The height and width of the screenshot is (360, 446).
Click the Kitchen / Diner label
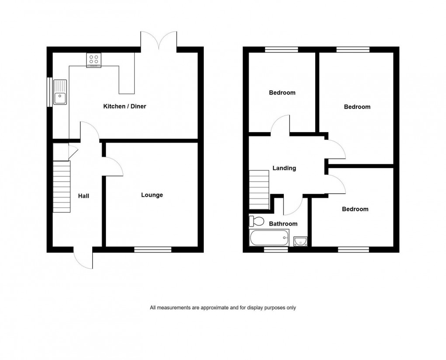coord(124,106)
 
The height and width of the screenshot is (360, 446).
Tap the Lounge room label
coord(152,195)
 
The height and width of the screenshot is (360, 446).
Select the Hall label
coord(84,196)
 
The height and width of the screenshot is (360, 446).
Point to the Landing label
coord(284,168)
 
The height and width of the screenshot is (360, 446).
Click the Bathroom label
coord(283,224)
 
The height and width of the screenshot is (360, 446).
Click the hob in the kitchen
coord(94,59)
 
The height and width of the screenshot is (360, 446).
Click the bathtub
coord(269,238)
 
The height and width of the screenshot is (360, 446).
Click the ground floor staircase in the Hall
coord(62,187)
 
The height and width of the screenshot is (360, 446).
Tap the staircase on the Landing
coord(259,190)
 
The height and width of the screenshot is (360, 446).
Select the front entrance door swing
coord(83,259)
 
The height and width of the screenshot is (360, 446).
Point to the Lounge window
coord(153,250)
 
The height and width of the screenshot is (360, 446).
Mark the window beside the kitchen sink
coord(49,92)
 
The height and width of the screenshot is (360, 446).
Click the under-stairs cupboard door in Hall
coord(73,150)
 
